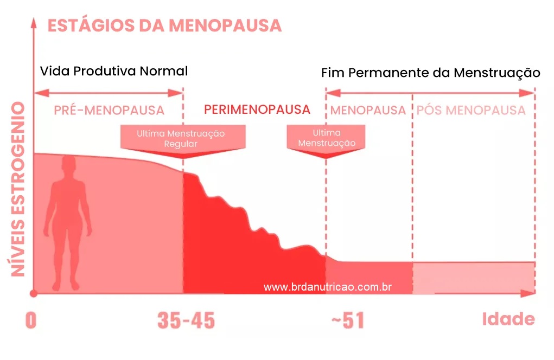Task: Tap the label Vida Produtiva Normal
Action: tap(114, 71)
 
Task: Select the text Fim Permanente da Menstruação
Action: tap(430, 73)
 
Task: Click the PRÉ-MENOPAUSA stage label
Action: tap(109, 111)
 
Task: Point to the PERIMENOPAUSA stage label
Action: tap(257, 110)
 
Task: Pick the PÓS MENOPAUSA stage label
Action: tap(471, 111)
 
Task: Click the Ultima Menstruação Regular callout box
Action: tap(181, 138)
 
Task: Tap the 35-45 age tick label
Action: tap(186, 321)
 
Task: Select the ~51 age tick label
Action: tap(348, 321)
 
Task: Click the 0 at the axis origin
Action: tap(30, 321)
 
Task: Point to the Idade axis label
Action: tap(508, 319)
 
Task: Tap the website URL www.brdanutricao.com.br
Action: tap(328, 287)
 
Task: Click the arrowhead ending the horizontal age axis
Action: tap(534, 293)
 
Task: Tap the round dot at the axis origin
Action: tap(34, 293)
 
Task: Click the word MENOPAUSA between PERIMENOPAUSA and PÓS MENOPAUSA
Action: tap(368, 111)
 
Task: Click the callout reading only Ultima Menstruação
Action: tap(327, 138)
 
